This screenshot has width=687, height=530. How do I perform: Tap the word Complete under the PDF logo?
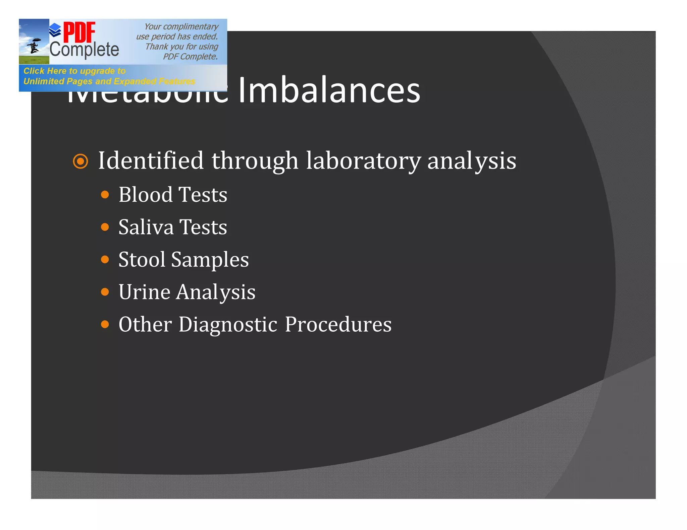[x=84, y=50]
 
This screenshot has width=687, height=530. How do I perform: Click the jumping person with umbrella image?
[x=34, y=46]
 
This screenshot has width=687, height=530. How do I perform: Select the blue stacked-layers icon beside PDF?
[x=55, y=30]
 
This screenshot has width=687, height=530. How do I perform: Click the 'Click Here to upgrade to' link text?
[x=74, y=71]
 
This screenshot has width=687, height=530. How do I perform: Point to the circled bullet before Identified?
[x=81, y=161]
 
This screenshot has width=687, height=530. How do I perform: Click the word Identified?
[x=151, y=160]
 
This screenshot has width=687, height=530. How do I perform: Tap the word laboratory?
[x=363, y=160]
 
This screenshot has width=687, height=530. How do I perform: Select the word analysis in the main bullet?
[x=471, y=161]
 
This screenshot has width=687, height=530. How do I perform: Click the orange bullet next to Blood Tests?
[x=105, y=195]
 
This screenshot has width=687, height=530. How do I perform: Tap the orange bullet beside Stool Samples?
[x=105, y=260]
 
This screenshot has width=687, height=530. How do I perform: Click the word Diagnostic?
[x=228, y=324]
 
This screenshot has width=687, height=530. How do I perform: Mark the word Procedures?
[x=338, y=324]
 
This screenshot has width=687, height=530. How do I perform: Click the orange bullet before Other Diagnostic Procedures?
[x=105, y=324]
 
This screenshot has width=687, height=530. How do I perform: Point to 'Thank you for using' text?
[x=181, y=47]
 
